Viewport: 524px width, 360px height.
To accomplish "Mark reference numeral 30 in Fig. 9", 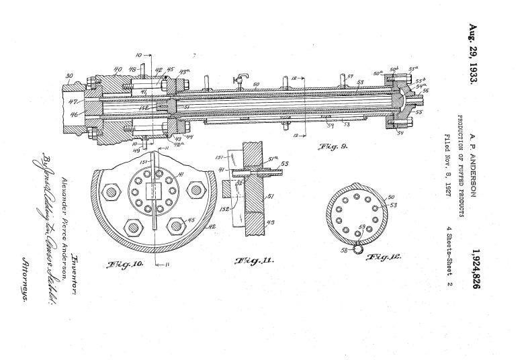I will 69,76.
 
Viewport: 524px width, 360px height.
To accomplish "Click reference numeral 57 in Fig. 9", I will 350,77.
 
